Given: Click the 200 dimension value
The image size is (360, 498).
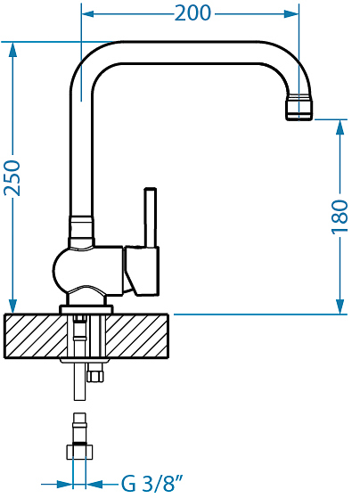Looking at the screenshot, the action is click(x=192, y=13).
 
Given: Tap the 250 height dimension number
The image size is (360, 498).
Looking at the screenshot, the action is click(x=12, y=178).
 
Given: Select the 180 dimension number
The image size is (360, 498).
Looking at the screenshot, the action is click(x=340, y=217).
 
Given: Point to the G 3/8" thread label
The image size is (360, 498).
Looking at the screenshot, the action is click(x=152, y=484).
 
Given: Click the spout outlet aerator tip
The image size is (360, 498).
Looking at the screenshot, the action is click(x=299, y=107).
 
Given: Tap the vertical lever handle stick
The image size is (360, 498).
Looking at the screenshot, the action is click(x=151, y=217).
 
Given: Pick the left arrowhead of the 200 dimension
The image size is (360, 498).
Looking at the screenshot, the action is click(x=88, y=13).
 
